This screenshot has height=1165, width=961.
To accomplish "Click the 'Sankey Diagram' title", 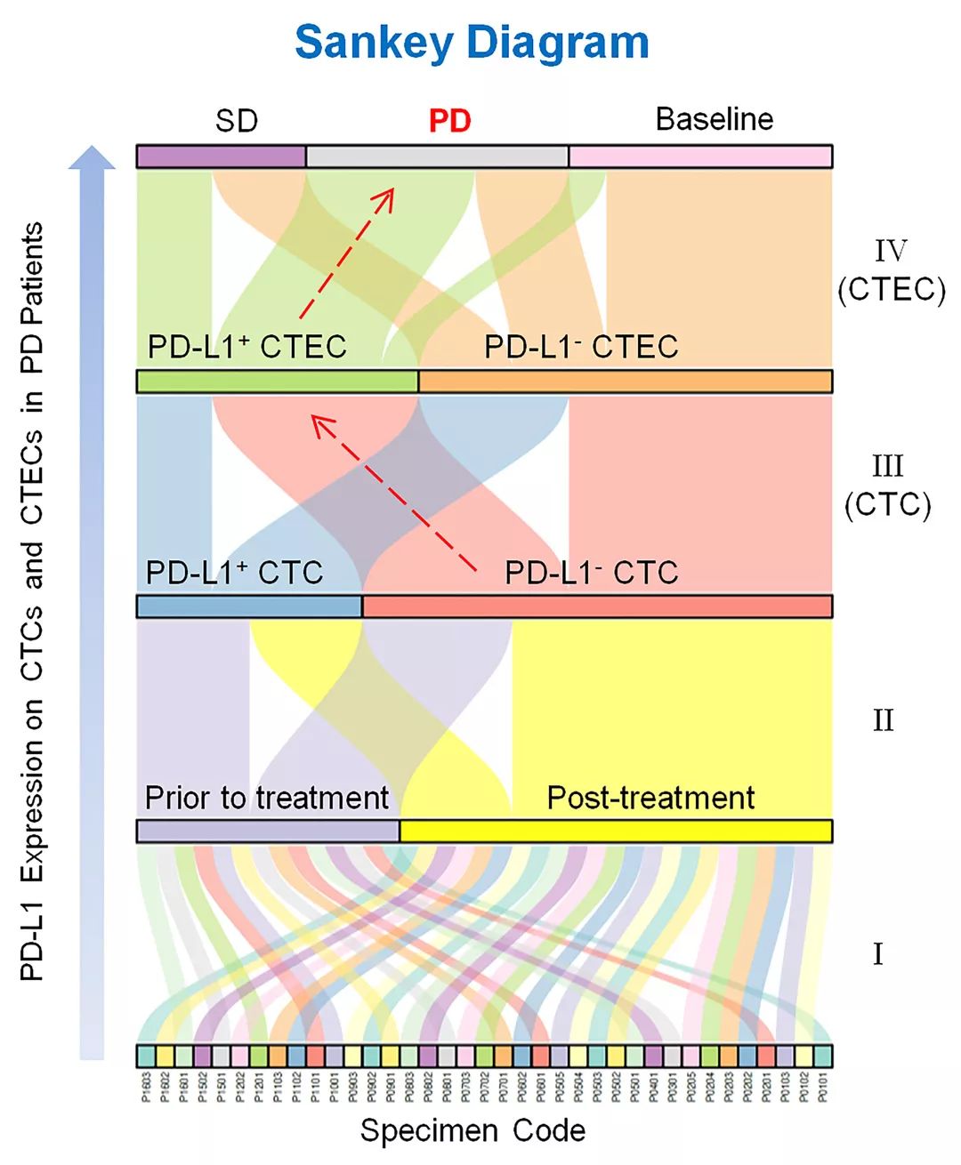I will click(472, 42).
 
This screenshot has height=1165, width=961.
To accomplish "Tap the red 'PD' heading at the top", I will click(449, 121).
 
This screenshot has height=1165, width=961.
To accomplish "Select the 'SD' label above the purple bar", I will click(237, 121).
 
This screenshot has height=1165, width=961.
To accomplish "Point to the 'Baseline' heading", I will click(714, 119).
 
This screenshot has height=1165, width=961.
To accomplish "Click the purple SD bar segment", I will click(222, 157).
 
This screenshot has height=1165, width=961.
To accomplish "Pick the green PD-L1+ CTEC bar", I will click(277, 382).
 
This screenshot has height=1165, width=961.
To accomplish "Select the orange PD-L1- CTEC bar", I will click(625, 382).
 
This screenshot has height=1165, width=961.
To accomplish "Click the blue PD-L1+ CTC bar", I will click(249, 607).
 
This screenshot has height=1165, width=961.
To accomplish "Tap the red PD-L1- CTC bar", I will click(596, 607).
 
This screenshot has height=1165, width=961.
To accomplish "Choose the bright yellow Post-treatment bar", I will click(616, 832).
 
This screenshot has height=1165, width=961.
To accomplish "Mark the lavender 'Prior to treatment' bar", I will click(268, 832).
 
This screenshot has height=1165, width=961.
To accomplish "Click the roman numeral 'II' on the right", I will click(883, 720).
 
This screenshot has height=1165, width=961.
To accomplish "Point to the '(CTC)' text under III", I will click(887, 505).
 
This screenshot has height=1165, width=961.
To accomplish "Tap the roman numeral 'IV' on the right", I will click(890, 252).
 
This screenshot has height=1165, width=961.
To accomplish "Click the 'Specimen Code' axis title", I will click(472, 1131).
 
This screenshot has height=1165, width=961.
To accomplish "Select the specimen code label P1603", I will click(146, 1087).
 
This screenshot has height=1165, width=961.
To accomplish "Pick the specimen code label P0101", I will click(822, 1087).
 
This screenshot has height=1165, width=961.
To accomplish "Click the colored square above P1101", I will click(315, 1056).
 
